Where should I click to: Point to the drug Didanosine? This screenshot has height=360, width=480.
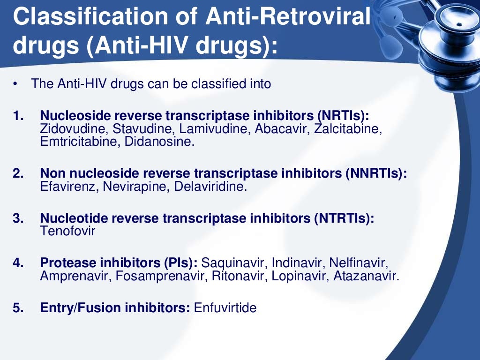point(159,142)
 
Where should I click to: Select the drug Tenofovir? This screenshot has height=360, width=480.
point(67,231)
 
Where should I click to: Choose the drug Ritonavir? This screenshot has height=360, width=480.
point(240,276)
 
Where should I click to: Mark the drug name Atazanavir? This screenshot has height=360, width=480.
point(366,276)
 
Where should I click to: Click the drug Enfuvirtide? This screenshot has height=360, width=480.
point(225,308)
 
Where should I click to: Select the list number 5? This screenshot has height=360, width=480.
point(18,308)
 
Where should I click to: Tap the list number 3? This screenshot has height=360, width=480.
point(18,218)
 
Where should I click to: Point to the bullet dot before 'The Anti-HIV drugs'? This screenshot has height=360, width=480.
point(15,84)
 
